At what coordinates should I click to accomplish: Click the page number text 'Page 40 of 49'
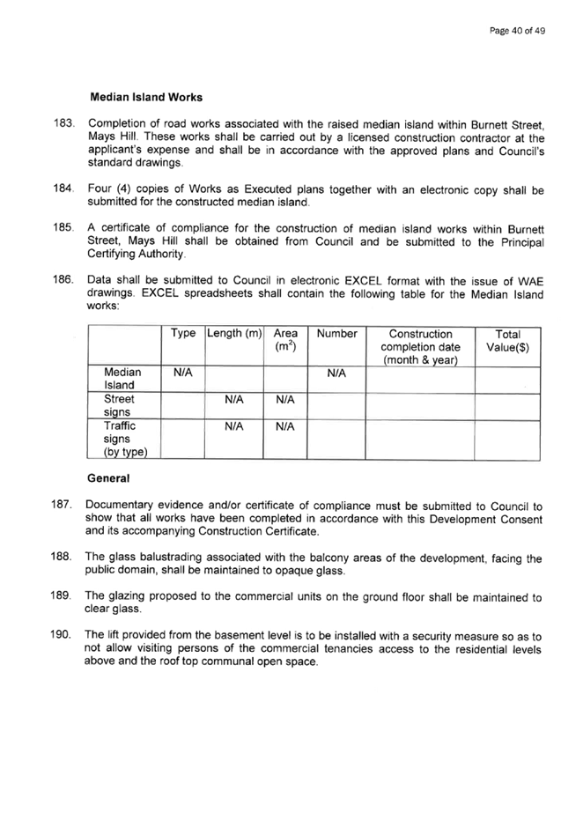(517, 31)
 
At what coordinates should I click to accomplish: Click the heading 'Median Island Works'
(146, 97)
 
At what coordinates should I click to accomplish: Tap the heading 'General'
(108, 478)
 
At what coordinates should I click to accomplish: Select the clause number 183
(63, 123)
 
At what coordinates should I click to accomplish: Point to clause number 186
(63, 279)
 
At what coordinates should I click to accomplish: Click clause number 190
(61, 634)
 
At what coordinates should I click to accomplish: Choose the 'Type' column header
(183, 333)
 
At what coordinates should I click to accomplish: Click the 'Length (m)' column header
(234, 333)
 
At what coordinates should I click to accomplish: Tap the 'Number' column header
(336, 334)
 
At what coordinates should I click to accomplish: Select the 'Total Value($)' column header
(507, 341)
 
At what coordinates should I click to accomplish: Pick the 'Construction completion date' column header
(420, 347)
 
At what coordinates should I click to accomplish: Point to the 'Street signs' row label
(119, 405)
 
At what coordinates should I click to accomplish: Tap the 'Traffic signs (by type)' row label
(125, 439)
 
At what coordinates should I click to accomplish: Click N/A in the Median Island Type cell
(183, 373)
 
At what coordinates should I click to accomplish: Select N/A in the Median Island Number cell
(336, 373)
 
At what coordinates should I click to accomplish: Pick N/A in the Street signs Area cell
(285, 400)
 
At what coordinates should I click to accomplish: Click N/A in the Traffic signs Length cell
(234, 426)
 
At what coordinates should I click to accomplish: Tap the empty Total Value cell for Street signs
(507, 407)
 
